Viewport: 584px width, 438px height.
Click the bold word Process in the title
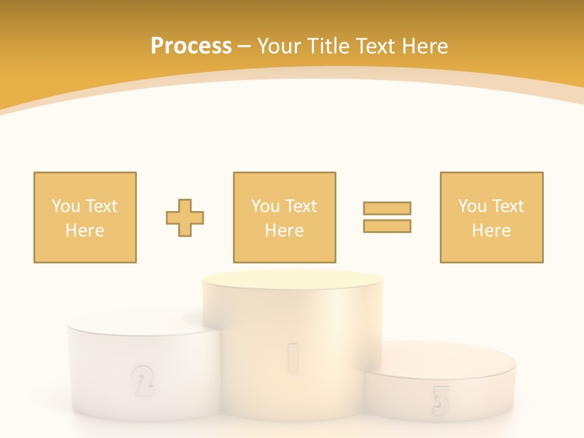pyautogui.click(x=191, y=46)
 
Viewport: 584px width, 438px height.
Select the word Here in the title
pyautogui.click(x=423, y=46)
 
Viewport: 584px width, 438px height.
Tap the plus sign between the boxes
pyautogui.click(x=185, y=217)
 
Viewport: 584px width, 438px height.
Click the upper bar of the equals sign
pyautogui.click(x=387, y=208)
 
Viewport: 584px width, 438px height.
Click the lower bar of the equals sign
pyautogui.click(x=387, y=226)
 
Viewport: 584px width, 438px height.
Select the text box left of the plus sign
pyautogui.click(x=85, y=217)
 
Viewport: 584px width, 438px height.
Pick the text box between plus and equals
pyautogui.click(x=284, y=217)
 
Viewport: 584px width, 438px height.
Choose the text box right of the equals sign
pyautogui.click(x=491, y=217)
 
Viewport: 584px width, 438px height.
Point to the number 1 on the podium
pyautogui.click(x=293, y=356)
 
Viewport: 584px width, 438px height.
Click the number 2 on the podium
pyautogui.click(x=142, y=380)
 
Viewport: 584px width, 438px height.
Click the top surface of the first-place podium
pyautogui.click(x=293, y=283)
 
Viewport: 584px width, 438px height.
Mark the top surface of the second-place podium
pyautogui.click(x=137, y=326)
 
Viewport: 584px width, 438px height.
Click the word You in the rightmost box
pyautogui.click(x=472, y=206)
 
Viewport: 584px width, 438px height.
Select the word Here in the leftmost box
pyautogui.click(x=85, y=231)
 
